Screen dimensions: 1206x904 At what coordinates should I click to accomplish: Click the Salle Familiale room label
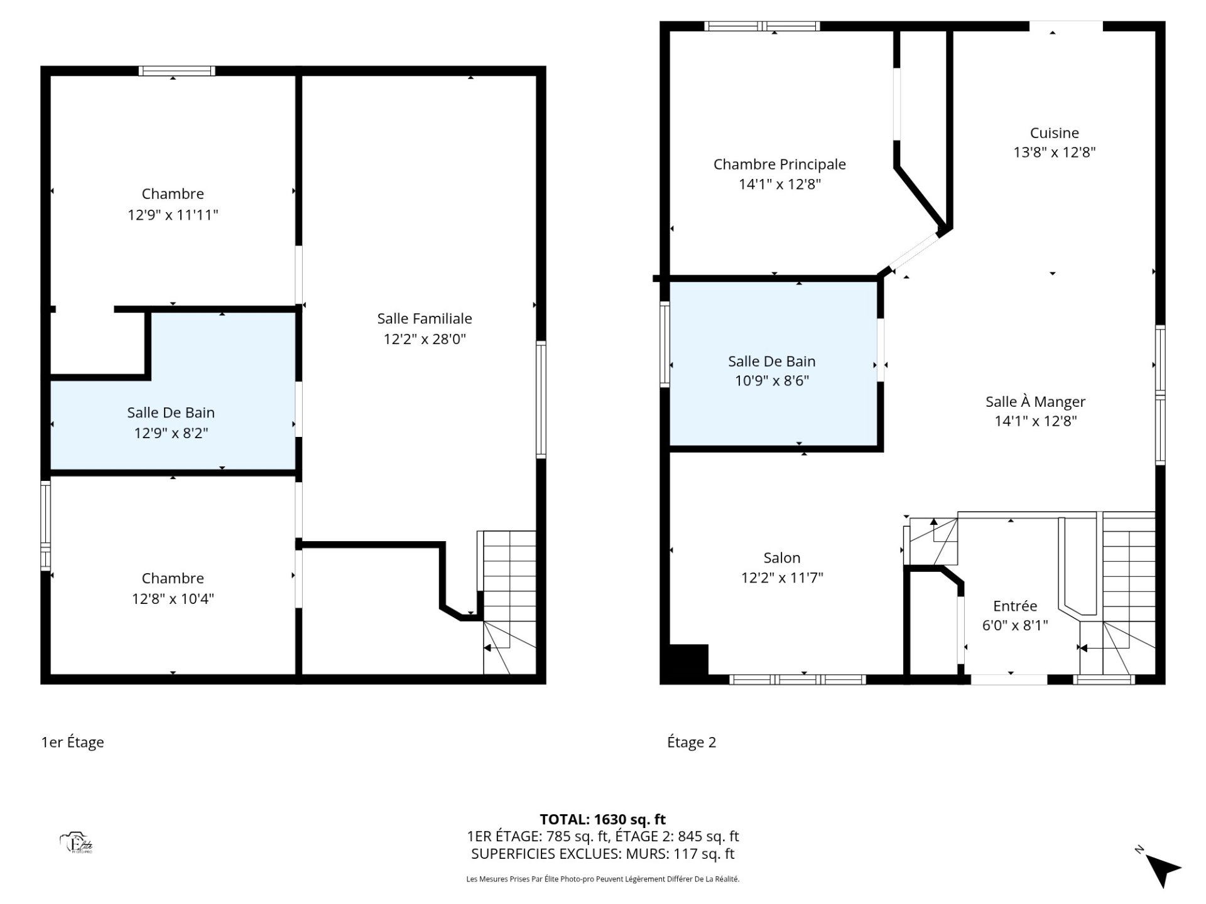tap(425, 318)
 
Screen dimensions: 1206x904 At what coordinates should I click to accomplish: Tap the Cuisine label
tap(1055, 132)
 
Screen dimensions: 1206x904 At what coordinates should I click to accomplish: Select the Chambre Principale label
tap(780, 164)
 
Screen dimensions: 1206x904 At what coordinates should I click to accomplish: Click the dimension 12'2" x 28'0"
tap(425, 339)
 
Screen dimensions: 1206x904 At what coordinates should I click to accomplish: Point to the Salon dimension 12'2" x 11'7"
tap(782, 578)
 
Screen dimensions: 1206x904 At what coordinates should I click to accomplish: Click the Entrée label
tap(1015, 606)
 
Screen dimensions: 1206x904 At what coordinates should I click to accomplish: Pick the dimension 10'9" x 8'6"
tap(772, 380)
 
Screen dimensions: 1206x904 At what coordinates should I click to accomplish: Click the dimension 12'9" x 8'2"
tap(171, 433)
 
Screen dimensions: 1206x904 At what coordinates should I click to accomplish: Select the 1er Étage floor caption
tap(72, 742)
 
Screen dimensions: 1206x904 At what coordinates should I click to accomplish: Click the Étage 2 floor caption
tap(692, 742)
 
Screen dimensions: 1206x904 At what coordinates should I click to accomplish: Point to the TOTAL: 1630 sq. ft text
tap(603, 819)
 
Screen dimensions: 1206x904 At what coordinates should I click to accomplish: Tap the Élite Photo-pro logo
tap(77, 843)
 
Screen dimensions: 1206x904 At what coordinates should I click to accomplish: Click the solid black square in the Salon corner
tap(688, 660)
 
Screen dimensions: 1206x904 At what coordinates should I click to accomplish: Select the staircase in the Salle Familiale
tap(509, 602)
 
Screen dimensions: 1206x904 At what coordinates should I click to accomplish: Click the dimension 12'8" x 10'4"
tap(173, 598)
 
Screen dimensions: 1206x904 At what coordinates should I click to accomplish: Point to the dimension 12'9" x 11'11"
tap(173, 215)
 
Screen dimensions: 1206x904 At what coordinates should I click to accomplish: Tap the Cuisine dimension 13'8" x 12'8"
tap(1055, 152)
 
